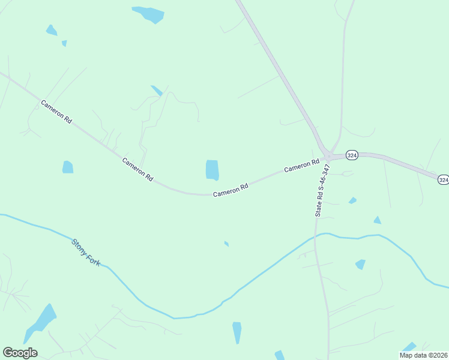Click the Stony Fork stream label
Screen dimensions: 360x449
[86, 253]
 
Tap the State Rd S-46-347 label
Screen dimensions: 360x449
[322, 190]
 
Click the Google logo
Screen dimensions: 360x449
[20, 353]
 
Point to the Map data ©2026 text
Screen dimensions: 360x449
[423, 355]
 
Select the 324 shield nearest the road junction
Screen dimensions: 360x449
[352, 155]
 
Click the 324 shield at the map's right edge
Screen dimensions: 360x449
[443, 179]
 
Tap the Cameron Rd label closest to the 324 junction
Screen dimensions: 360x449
[301, 166]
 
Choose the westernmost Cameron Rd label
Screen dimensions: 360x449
[56, 112]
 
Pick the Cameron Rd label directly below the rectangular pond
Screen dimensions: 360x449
[231, 190]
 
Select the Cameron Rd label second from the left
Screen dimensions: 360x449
[137, 170]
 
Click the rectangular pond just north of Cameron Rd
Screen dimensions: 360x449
[212, 170]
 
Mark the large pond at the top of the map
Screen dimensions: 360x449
[148, 14]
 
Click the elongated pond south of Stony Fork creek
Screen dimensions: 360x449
[237, 332]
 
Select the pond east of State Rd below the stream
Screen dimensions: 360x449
[360, 264]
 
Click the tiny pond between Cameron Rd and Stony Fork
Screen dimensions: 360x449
[226, 244]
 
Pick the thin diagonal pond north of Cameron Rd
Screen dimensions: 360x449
[157, 91]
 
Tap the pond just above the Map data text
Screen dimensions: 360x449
[409, 347]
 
